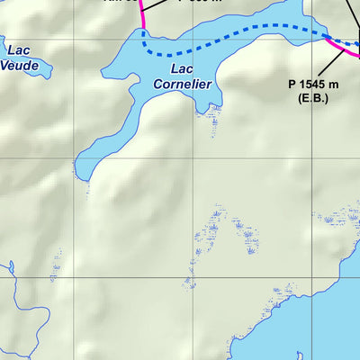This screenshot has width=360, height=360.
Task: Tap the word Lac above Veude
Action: [x=19, y=50]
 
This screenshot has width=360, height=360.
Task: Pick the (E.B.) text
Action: [x=310, y=96]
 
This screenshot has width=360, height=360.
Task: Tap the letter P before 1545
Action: [x=292, y=84]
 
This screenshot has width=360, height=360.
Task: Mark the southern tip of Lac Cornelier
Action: [x=80, y=174]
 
